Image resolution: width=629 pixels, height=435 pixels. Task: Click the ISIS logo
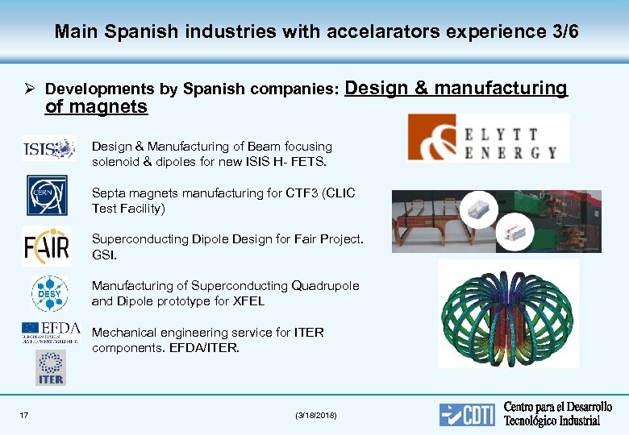coord(48,148)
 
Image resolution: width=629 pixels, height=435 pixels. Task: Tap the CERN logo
coord(47,195)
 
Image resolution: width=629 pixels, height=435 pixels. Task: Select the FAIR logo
coord(46,245)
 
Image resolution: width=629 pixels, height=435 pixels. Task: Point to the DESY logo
coord(49,293)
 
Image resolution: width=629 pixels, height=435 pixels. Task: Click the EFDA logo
coord(50,331)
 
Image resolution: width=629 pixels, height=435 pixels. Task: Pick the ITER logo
coord(50,368)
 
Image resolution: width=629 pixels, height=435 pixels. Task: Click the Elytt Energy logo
coord(488,138)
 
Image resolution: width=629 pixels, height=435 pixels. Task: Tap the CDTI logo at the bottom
coord(467,414)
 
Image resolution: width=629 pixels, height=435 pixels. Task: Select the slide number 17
coord(24,415)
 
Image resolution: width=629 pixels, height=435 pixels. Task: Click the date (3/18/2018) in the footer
coord(317,415)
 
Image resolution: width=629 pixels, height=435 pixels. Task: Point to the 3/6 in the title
coord(562,32)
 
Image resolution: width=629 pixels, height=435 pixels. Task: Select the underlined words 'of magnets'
coord(96,107)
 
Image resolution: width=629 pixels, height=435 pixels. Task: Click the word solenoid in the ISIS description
coord(116,162)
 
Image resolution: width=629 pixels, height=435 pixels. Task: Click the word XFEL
coord(248,301)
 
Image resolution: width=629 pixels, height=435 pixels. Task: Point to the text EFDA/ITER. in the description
coord(205,348)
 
